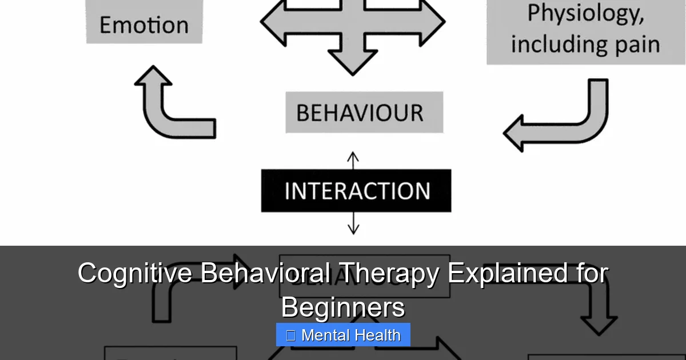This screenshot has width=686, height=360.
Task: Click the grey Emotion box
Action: point(144,23)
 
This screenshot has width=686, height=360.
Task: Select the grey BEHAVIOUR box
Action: point(364,113)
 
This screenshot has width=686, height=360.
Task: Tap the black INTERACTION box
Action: point(356,191)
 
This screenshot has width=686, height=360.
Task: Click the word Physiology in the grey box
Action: point(585,14)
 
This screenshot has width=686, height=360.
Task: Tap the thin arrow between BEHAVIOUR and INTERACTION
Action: point(353,160)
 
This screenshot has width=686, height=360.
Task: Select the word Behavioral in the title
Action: point(265,273)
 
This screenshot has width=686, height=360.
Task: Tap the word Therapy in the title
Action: point(386,273)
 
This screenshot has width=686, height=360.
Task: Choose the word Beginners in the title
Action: point(343,307)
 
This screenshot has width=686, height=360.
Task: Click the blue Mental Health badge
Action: point(343,335)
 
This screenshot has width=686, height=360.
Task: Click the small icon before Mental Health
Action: point(290,335)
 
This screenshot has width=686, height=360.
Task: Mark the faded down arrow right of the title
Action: point(598,309)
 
